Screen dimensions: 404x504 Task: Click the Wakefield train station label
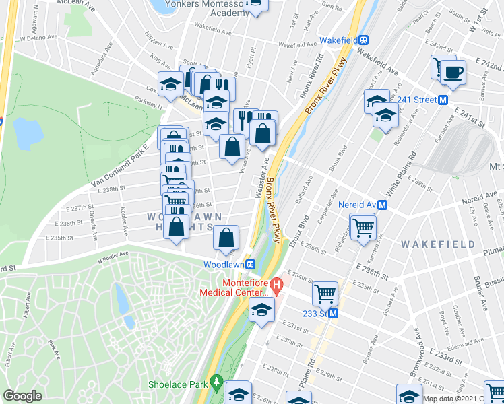click(x=338, y=40)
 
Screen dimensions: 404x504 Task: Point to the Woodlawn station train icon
click(x=250, y=265)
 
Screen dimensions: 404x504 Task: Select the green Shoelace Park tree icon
click(x=216, y=382)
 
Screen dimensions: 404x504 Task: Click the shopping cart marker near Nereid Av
click(x=363, y=226)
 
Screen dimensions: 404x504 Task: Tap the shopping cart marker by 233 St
click(x=325, y=294)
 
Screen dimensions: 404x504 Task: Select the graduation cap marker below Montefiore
click(x=261, y=310)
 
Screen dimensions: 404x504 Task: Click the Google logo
click(x=22, y=396)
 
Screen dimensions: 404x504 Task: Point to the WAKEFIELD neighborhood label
click(x=439, y=244)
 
